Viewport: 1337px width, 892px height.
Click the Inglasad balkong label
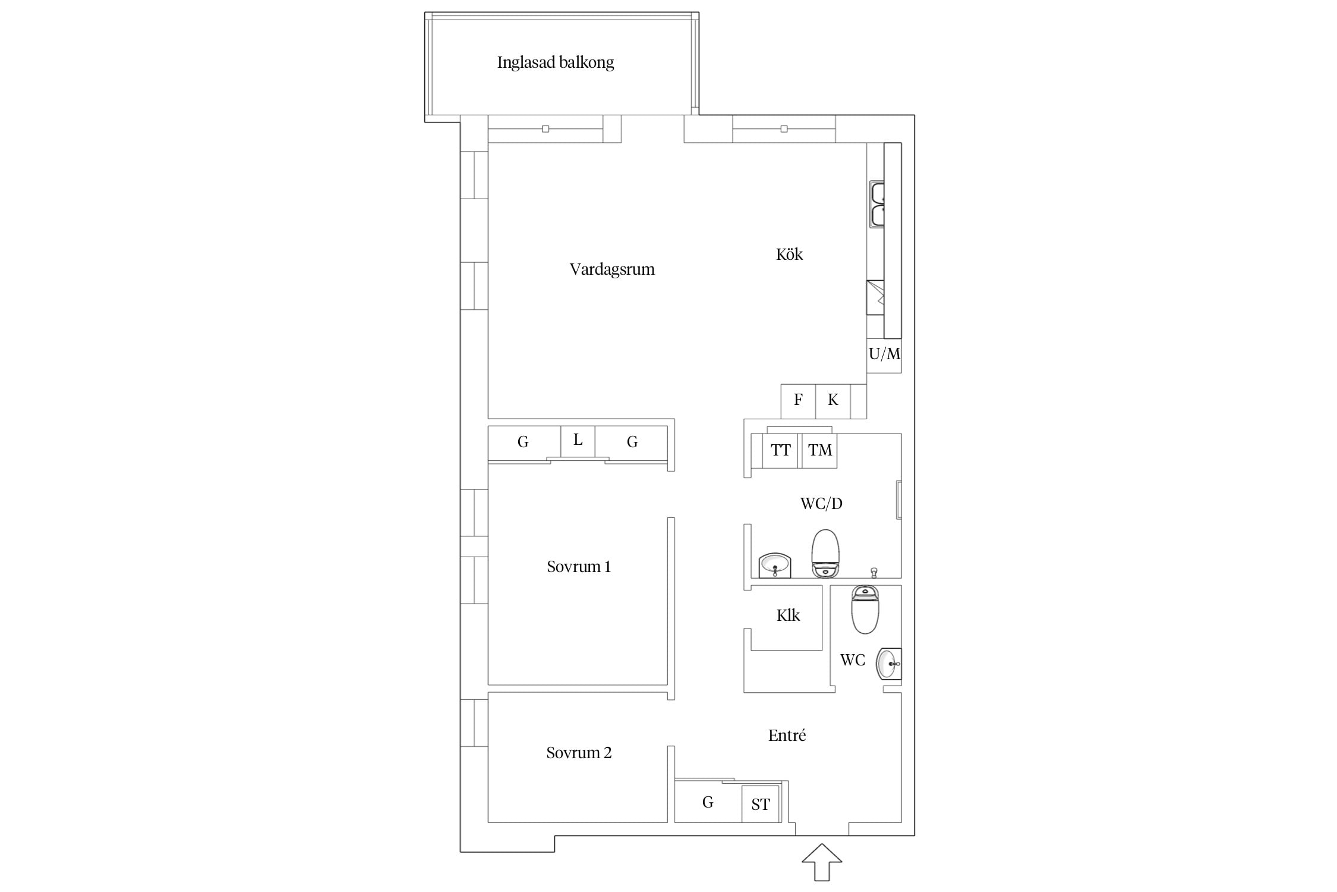tap(555, 62)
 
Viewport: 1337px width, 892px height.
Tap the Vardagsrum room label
tap(612, 269)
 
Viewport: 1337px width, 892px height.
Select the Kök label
tap(789, 254)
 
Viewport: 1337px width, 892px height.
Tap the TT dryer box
tap(780, 451)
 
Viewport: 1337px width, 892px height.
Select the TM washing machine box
tap(819, 451)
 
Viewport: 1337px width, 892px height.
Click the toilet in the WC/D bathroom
tap(825, 554)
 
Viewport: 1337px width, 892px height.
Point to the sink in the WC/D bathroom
tap(775, 565)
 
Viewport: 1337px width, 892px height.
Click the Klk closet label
tap(788, 615)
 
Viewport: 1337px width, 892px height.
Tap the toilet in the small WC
tap(865, 610)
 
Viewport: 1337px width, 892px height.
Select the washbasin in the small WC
tap(889, 664)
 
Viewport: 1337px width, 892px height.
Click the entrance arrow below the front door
tap(822, 862)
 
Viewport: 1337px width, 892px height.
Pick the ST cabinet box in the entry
tap(761, 804)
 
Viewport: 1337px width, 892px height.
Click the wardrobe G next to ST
tap(708, 802)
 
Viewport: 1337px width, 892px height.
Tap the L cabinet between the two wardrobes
tap(578, 441)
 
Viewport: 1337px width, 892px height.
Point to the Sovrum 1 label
tap(579, 567)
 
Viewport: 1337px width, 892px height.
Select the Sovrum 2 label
tap(579, 753)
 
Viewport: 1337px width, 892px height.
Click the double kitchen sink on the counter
tap(876, 205)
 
